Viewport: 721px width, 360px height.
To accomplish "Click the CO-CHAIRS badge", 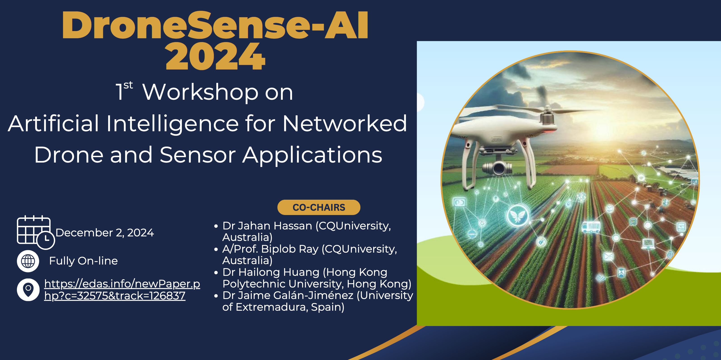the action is click(x=319, y=207).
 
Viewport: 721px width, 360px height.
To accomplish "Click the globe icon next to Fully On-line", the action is click(x=28, y=261).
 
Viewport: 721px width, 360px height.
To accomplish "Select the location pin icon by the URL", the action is click(x=28, y=290).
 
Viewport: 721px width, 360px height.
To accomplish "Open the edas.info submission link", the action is click(x=122, y=290).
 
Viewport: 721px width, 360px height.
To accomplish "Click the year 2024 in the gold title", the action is click(x=215, y=57).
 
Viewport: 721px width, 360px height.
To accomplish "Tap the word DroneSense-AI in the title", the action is click(x=215, y=25).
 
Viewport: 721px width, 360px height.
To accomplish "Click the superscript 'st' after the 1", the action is click(x=128, y=85).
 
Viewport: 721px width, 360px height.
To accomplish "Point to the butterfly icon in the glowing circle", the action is click(x=517, y=216).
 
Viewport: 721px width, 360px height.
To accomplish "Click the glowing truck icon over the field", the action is click(x=591, y=227).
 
